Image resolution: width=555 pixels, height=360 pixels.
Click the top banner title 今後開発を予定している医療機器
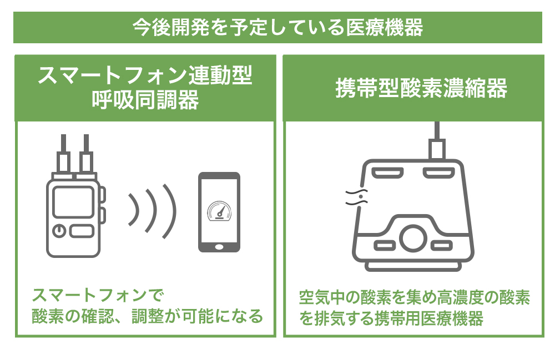pyautogui.click(x=278, y=28)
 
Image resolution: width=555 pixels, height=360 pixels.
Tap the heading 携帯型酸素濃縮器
pyautogui.click(x=421, y=88)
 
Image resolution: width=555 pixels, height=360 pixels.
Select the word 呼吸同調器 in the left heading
pyautogui.click(x=145, y=100)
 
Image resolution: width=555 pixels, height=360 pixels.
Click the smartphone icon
pyautogui.click(x=219, y=212)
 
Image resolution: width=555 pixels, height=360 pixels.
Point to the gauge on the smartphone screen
pyautogui.click(x=219, y=211)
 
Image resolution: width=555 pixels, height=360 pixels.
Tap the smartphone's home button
pyautogui.click(x=219, y=247)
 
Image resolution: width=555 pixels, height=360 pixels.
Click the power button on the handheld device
pyautogui.click(x=59, y=231)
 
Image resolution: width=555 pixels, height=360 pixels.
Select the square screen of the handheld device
pyautogui.click(x=73, y=201)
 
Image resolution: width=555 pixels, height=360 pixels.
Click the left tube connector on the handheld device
pyautogui.click(x=63, y=158)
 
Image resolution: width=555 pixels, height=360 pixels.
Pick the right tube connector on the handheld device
pyautogui.click(x=86, y=158)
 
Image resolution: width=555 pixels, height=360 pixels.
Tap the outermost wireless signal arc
pyautogui.click(x=169, y=211)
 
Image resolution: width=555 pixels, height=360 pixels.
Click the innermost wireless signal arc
pyautogui.click(x=134, y=209)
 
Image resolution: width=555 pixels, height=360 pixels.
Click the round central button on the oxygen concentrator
pyautogui.click(x=413, y=239)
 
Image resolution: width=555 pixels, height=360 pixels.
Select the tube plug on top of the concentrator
pyautogui.click(x=437, y=141)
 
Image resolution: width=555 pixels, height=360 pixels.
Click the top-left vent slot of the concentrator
pyautogui.click(x=387, y=173)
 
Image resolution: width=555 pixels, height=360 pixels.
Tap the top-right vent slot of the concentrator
pyautogui.click(x=439, y=173)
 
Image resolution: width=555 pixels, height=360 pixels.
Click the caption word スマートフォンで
pyautogui.click(x=98, y=295)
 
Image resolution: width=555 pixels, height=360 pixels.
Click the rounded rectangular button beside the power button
pyautogui.click(x=82, y=231)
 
